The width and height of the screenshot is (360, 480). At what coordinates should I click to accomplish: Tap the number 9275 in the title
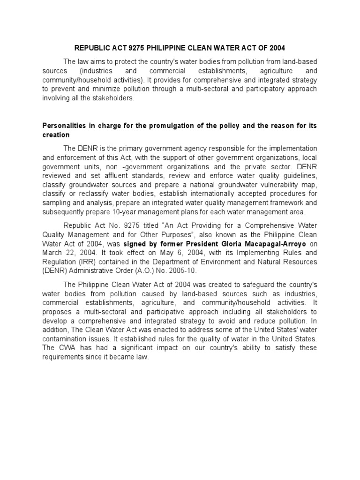point(126,48)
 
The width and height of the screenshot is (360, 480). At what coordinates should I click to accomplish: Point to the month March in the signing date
point(52,253)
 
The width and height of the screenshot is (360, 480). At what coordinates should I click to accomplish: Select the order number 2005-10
point(183,270)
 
